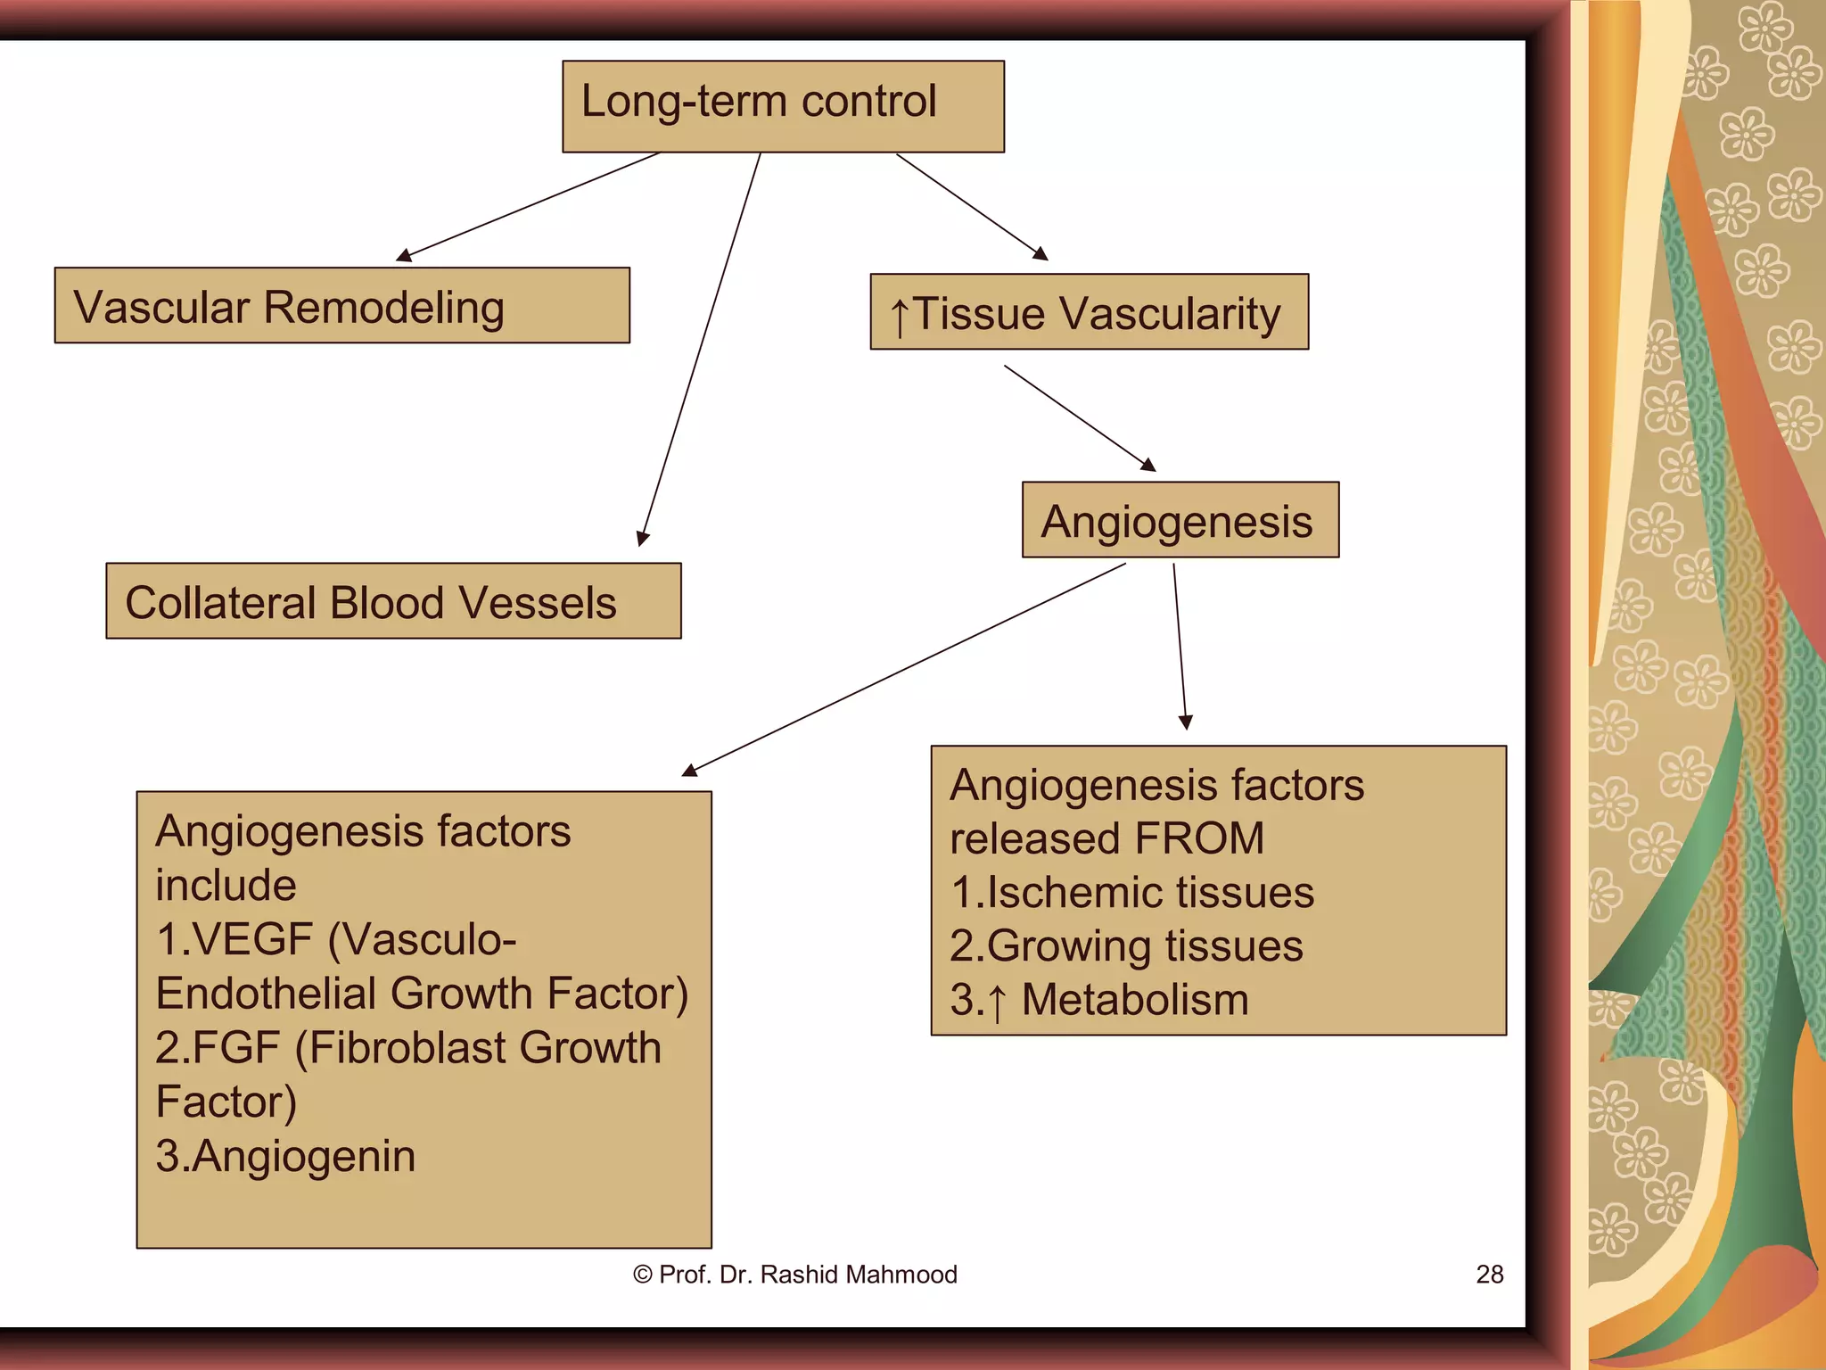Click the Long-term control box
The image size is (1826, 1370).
(783, 106)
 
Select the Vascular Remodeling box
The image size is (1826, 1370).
(341, 305)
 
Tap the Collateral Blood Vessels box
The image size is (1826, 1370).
(393, 601)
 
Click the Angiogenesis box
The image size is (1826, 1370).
(1180, 520)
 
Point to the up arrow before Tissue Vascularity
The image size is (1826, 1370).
(900, 318)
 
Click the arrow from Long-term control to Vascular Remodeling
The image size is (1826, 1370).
(531, 206)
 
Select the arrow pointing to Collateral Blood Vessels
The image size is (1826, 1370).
(701, 348)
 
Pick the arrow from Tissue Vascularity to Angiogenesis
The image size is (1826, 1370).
(1080, 417)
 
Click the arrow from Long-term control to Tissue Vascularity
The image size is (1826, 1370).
(972, 207)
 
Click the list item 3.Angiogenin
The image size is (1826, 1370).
(285, 1156)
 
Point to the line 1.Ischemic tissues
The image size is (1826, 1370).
(1132, 892)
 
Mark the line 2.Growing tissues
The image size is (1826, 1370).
(1126, 945)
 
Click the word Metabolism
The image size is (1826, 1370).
(1135, 999)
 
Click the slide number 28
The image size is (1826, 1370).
(1489, 1274)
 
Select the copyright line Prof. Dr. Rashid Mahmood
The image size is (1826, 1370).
(795, 1274)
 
